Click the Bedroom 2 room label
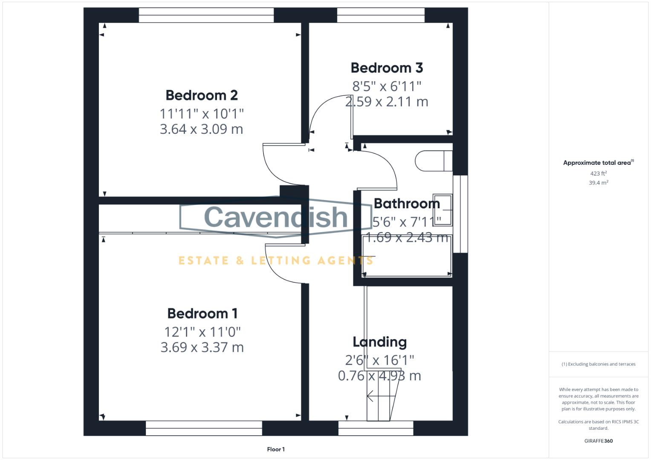(202, 95)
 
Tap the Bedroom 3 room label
(387, 68)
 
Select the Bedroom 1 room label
(202, 313)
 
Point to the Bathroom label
(407, 204)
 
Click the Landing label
(379, 342)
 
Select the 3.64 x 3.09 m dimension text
(201, 129)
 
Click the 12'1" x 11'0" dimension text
(203, 332)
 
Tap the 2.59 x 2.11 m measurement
(386, 102)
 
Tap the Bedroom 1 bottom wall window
(204, 428)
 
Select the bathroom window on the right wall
(460, 214)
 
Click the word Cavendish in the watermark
(276, 216)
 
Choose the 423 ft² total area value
(598, 173)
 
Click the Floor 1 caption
(276, 449)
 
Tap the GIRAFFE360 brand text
(598, 441)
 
